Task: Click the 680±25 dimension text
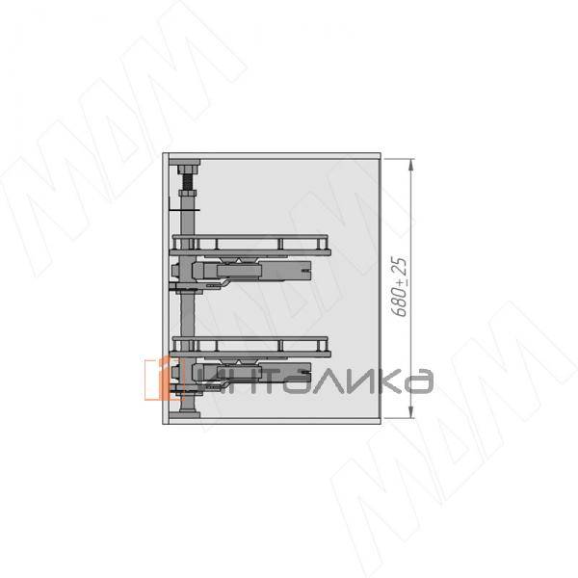[x=400, y=287]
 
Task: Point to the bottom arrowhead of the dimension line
[x=411, y=412]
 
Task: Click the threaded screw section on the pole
[x=188, y=182]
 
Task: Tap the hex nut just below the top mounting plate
[x=188, y=170]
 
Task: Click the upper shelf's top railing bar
[x=250, y=237]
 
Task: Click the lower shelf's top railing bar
[x=250, y=339]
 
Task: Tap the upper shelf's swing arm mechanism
[x=250, y=271]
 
